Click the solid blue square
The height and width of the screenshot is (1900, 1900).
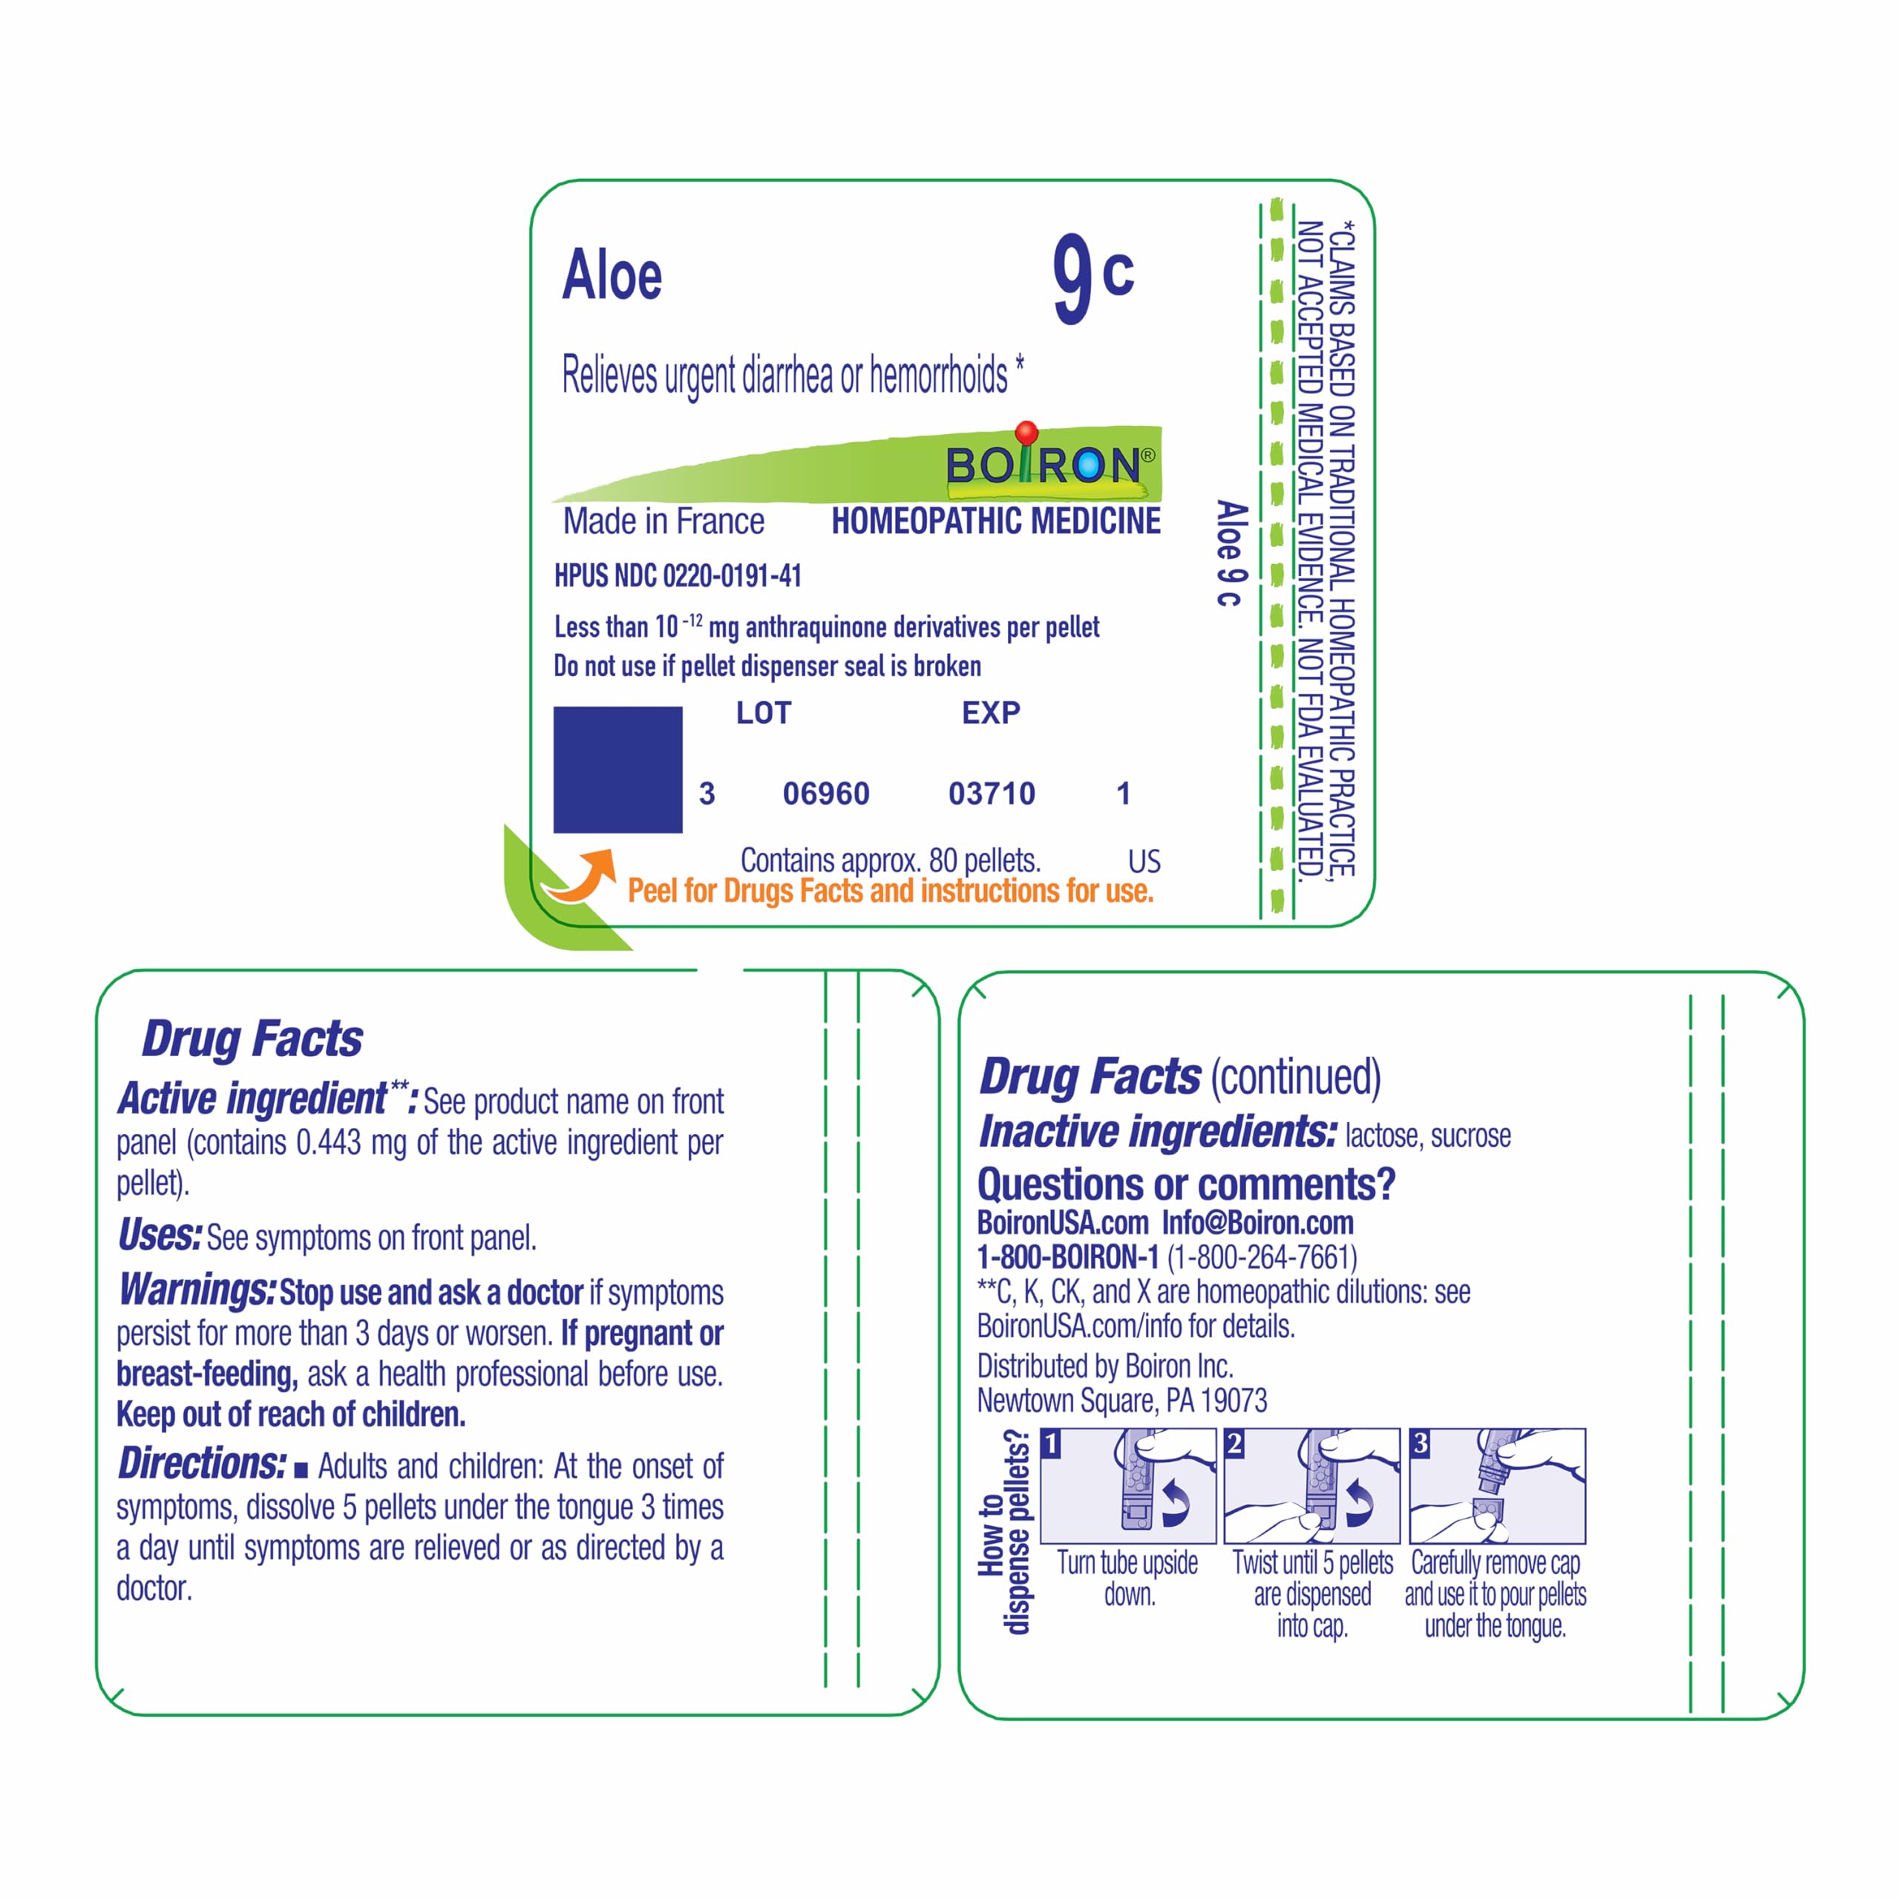point(617,769)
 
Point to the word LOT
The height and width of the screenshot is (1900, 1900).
point(763,713)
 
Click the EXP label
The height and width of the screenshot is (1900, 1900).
point(990,713)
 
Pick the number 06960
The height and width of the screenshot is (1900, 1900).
point(826,793)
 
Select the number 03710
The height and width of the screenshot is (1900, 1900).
point(992,793)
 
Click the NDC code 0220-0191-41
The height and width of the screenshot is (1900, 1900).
point(733,576)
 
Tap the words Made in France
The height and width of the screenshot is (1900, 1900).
point(664,521)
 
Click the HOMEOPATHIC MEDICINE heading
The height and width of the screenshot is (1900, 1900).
point(996,521)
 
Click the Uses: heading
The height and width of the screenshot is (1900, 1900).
point(160,1235)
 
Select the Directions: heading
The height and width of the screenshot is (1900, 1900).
point(203,1464)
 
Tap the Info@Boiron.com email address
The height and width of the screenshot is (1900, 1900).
point(1258,1223)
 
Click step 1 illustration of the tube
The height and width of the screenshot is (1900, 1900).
point(1128,1486)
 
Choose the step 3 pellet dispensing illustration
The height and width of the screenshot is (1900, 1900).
point(1497,1486)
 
